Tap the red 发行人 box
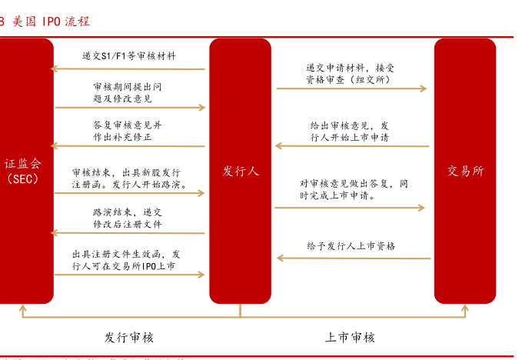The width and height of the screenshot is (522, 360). pyautogui.click(x=240, y=171)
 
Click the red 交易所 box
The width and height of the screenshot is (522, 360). pyautogui.click(x=465, y=171)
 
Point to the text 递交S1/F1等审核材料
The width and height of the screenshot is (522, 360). pyautogui.click(x=128, y=56)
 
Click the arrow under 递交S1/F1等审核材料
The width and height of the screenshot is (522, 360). pyautogui.click(x=128, y=69)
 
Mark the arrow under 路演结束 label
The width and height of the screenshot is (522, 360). pyautogui.click(x=128, y=232)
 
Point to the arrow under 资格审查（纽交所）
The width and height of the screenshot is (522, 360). pyautogui.click(x=351, y=88)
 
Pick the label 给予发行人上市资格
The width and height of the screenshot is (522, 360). pyautogui.click(x=351, y=246)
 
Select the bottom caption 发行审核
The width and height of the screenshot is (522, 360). pyautogui.click(x=129, y=337)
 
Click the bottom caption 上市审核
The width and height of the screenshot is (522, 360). pyautogui.click(x=350, y=337)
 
